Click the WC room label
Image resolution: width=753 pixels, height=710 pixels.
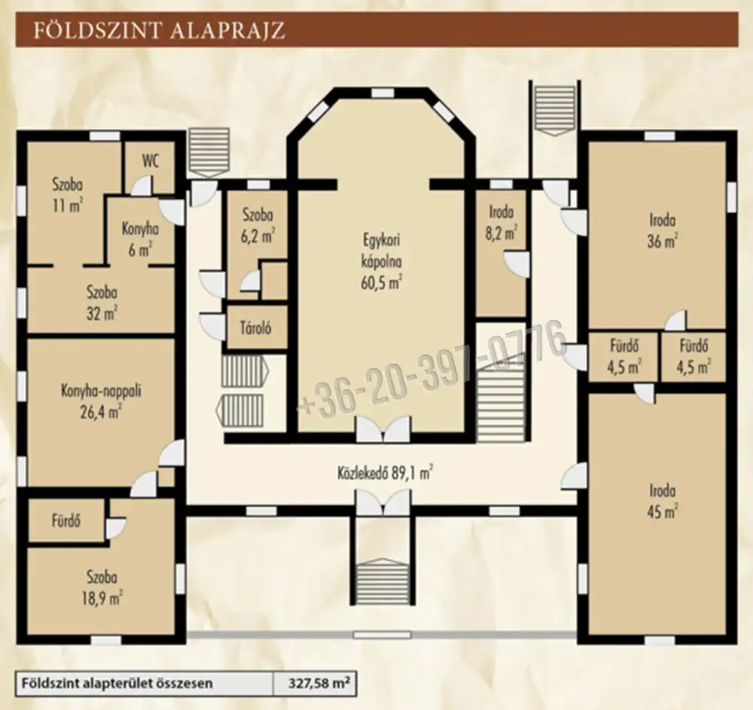point(150,161)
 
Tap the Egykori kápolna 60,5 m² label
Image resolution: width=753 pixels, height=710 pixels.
point(381,262)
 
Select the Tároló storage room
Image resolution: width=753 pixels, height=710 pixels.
point(256,328)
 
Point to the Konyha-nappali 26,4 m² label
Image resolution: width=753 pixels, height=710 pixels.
point(101,401)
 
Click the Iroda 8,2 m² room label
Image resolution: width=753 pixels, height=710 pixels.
point(501,222)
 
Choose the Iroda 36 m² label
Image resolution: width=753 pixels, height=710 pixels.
point(662,231)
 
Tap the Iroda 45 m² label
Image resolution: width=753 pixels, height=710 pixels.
point(662,501)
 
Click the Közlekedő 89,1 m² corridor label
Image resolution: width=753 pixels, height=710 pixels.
point(384,474)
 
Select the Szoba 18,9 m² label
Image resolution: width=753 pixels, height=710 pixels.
point(102,587)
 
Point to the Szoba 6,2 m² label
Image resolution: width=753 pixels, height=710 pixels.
point(258,224)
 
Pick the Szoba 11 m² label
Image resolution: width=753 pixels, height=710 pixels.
point(67,195)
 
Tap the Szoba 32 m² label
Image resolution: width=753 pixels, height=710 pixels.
point(102,303)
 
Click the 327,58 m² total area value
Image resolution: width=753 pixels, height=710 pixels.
point(319,683)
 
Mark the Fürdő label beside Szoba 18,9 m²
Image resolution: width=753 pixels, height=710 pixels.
point(66,521)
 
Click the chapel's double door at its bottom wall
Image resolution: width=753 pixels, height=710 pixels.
point(383,428)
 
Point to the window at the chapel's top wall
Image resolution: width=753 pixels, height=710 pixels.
point(383,93)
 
